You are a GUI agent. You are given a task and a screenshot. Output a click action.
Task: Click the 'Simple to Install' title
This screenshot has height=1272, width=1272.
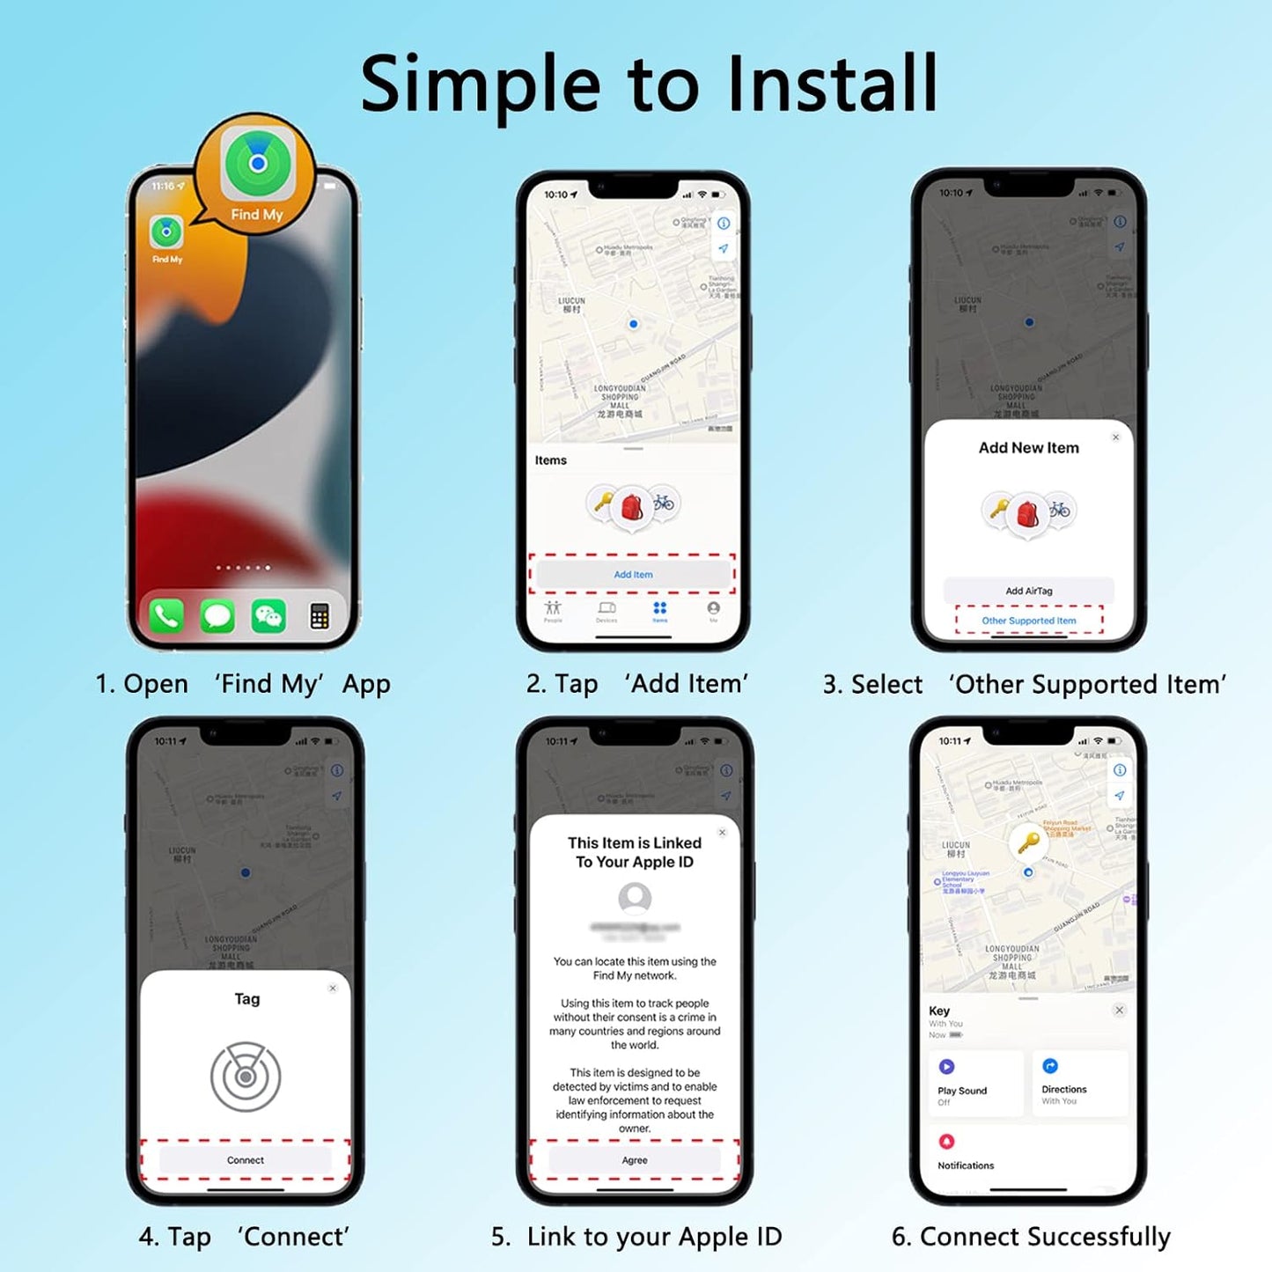click(649, 84)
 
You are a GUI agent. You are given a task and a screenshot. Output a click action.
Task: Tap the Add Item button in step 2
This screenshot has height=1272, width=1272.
click(633, 574)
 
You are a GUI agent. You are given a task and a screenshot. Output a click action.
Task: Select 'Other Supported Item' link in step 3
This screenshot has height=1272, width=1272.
click(1028, 621)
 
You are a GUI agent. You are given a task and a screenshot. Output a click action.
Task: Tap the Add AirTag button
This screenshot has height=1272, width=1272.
click(1028, 591)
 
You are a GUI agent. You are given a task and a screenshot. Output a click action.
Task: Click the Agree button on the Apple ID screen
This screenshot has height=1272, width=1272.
click(634, 1160)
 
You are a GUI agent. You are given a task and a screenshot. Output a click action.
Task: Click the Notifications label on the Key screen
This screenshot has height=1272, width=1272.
click(966, 1165)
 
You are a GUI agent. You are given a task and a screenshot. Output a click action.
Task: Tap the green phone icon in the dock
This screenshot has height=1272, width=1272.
click(167, 616)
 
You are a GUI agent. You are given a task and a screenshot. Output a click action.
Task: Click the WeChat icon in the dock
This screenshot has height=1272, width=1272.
click(268, 616)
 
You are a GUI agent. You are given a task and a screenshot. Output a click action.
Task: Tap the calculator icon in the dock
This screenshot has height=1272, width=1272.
click(320, 616)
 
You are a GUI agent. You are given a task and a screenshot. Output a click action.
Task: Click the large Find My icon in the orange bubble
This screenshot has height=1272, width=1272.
click(257, 164)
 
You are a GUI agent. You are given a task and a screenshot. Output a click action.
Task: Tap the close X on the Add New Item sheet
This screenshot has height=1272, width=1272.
click(1115, 437)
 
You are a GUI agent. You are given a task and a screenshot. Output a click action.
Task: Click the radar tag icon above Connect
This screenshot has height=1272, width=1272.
click(246, 1077)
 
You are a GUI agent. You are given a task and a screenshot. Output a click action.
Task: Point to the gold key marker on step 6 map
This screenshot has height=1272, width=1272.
click(1027, 842)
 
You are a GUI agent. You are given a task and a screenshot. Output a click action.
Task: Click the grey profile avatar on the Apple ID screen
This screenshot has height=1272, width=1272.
click(635, 899)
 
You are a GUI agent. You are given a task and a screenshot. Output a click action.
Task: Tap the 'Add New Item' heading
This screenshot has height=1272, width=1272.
click(1028, 448)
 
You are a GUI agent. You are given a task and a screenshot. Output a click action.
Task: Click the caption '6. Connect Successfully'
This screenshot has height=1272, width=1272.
click(1031, 1237)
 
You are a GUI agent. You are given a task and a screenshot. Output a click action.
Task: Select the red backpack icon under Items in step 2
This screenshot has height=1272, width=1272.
click(632, 507)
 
